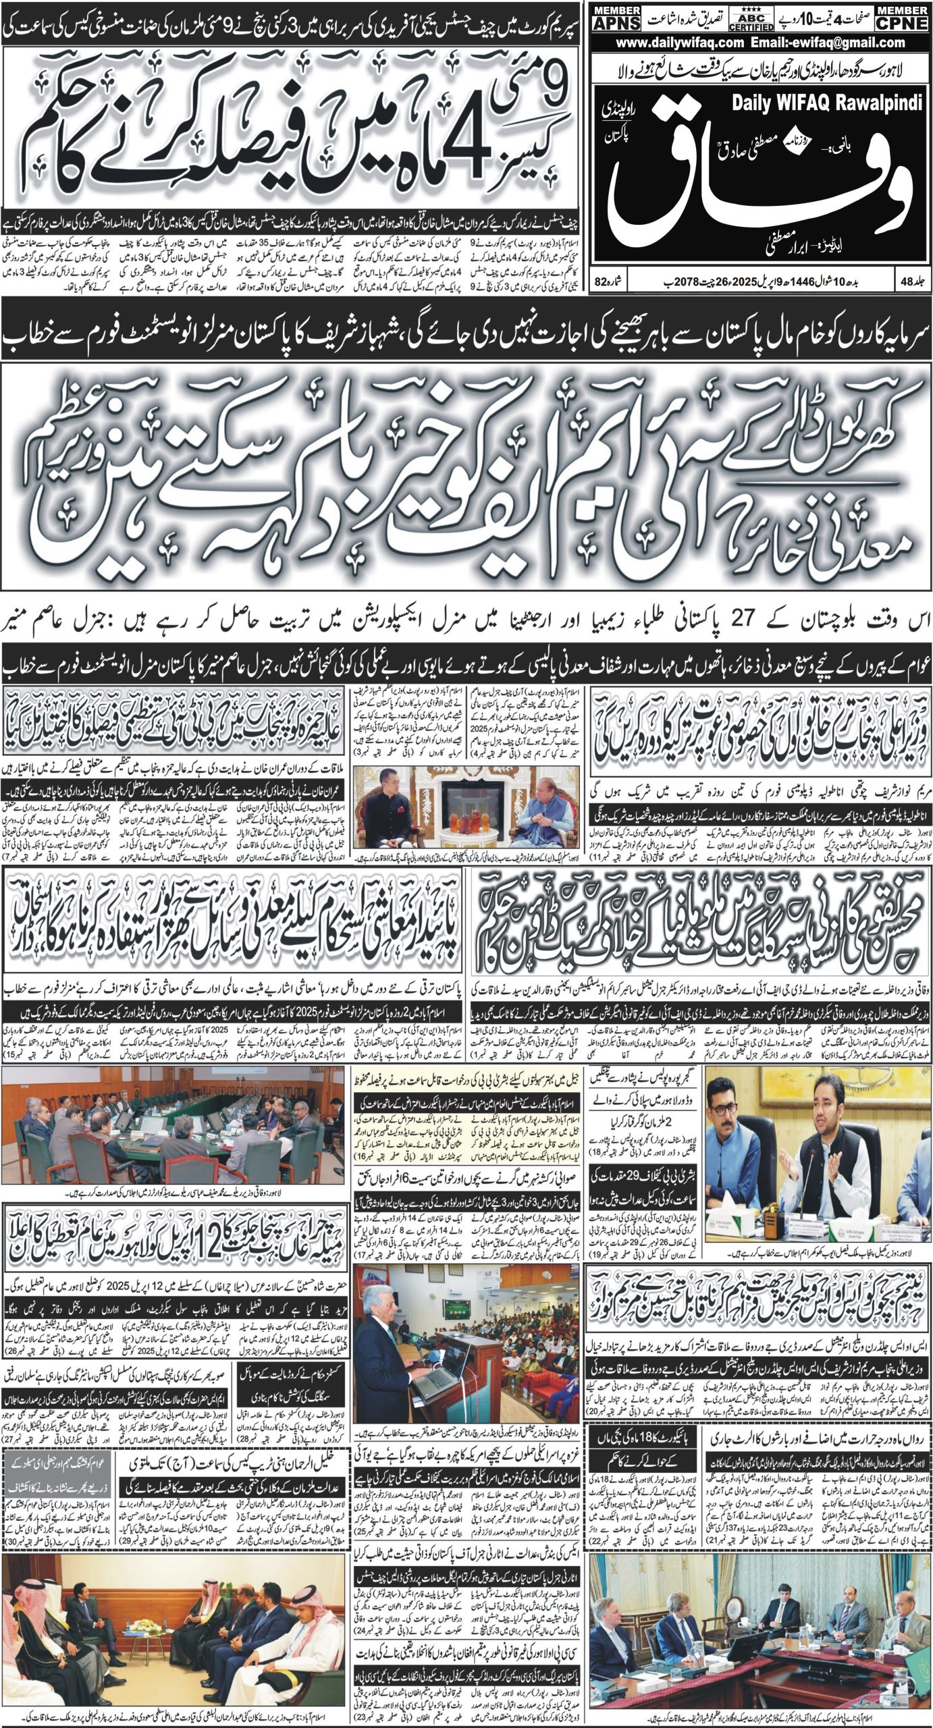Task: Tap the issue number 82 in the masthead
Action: pyautogui.click(x=602, y=278)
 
